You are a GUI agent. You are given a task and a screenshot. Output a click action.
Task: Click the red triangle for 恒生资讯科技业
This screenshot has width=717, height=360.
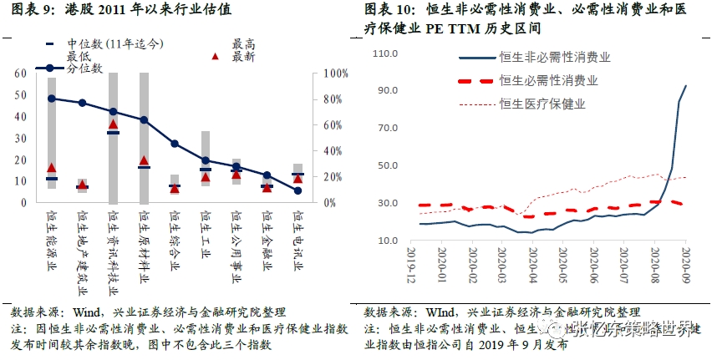[x=114, y=125]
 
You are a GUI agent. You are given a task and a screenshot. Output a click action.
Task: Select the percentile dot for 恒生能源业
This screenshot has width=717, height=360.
[x=52, y=99]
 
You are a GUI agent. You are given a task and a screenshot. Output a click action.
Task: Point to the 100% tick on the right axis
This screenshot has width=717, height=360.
[x=335, y=74]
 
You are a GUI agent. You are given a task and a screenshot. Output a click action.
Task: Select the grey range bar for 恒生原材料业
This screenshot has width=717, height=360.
[x=144, y=138]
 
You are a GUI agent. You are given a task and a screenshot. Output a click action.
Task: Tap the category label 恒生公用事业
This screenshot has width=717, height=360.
[x=236, y=237]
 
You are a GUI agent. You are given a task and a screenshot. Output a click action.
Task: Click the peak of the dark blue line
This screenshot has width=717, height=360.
[x=686, y=85]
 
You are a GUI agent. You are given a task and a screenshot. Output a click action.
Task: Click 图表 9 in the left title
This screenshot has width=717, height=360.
[x=26, y=10]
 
